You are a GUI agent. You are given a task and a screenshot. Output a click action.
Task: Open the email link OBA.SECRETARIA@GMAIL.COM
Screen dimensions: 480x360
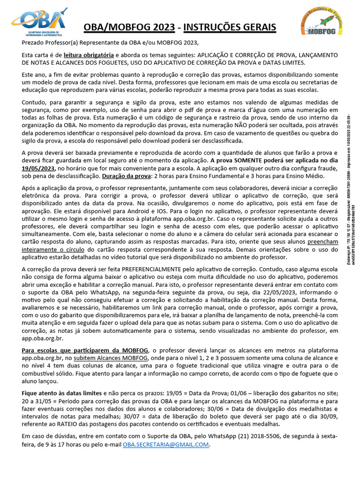click(x=166, y=445)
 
